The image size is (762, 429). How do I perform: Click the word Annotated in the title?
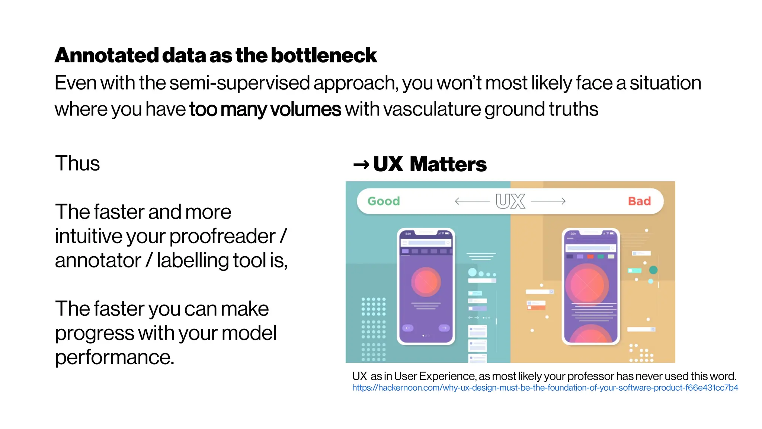point(107,56)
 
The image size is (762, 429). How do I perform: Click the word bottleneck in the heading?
point(324,56)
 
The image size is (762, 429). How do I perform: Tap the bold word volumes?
point(305,109)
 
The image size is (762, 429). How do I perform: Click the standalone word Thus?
point(77,163)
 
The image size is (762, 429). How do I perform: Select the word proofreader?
point(222,236)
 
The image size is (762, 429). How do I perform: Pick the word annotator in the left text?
point(98,261)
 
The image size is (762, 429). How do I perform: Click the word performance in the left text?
point(115,357)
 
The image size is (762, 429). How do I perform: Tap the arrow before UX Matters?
point(361,164)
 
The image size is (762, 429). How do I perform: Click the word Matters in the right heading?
point(448,164)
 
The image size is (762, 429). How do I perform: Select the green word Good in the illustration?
point(384,201)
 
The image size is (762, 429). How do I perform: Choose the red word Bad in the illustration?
point(639,201)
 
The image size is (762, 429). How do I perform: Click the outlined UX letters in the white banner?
point(510,201)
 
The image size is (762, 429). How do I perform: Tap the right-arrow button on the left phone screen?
point(444,328)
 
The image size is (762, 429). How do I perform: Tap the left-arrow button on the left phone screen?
point(408,328)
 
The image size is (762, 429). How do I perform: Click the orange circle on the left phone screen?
point(426,282)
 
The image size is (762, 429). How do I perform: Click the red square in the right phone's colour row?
point(590,257)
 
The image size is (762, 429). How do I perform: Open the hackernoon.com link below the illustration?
point(545,388)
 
